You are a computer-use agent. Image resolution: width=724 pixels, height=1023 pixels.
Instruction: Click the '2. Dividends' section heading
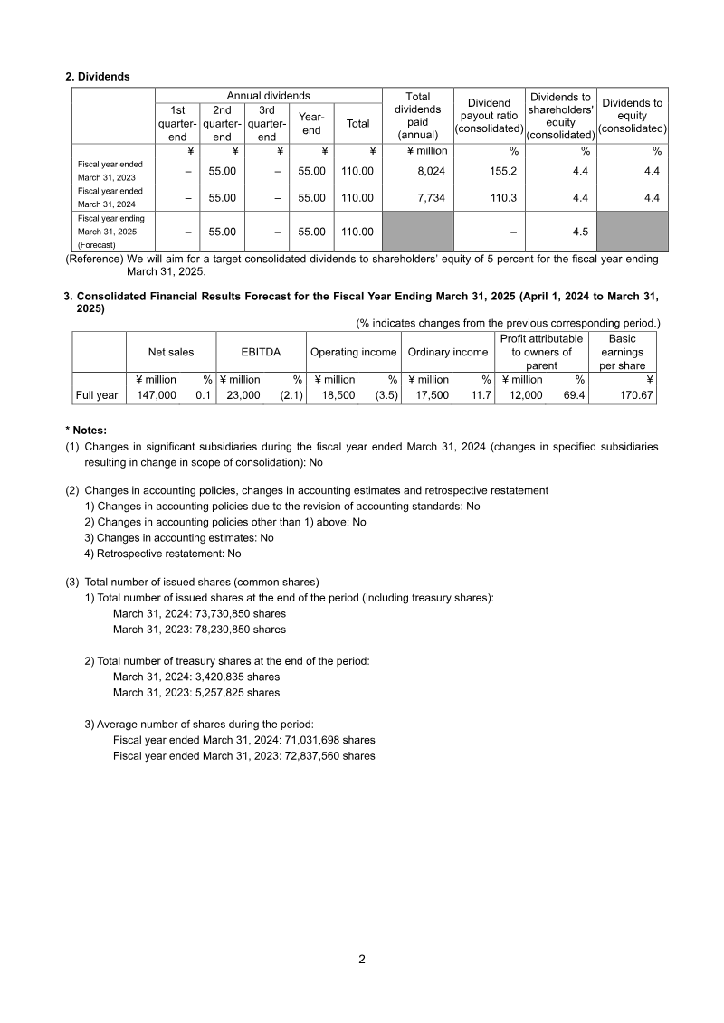[98, 77]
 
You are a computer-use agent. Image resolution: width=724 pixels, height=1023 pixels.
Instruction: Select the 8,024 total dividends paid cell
[430, 171]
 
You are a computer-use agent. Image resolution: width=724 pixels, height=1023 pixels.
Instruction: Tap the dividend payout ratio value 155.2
[502, 171]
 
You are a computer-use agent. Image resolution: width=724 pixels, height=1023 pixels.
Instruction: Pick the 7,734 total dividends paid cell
[430, 197]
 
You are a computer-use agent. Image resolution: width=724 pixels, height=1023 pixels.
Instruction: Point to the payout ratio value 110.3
[502, 197]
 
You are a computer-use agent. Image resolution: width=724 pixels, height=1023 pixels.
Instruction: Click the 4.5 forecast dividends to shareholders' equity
[580, 232]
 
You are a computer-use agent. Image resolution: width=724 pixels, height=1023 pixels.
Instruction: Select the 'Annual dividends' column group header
[268, 96]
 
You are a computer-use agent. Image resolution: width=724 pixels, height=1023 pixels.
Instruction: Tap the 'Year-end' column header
[311, 124]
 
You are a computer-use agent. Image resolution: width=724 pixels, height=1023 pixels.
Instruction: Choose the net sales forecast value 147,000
[157, 395]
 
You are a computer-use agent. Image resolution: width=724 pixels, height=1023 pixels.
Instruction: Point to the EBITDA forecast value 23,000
[243, 395]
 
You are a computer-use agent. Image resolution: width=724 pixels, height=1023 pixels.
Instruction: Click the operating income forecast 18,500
[339, 395]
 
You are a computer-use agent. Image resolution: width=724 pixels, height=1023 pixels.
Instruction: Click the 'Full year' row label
[97, 395]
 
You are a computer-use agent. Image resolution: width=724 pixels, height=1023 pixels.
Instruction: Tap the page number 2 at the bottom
[362, 960]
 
